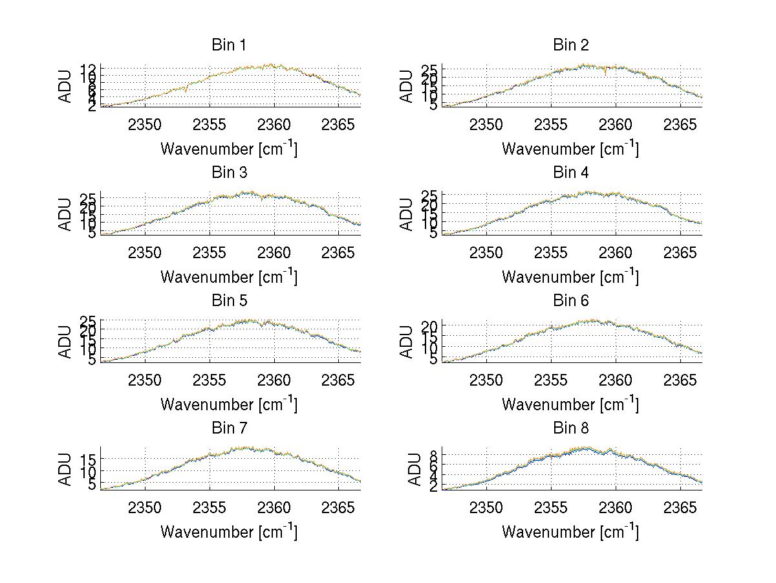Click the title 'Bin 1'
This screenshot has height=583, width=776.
coord(229,45)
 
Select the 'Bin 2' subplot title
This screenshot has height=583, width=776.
coord(570,45)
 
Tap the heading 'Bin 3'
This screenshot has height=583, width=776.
coord(229,173)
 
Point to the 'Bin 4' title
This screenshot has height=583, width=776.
coord(570,173)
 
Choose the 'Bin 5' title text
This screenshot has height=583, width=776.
coord(229,301)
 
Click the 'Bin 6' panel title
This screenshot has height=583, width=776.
coord(570,301)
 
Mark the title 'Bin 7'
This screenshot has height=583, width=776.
coord(229,428)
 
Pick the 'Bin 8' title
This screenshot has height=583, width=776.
coord(570,428)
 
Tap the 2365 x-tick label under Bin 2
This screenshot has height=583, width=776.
coord(680,124)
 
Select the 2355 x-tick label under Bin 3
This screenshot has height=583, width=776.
coord(210,252)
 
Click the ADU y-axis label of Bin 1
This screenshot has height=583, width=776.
coord(65,86)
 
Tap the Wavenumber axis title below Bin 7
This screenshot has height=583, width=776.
coord(229,532)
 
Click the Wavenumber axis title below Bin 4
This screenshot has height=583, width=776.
coord(570,276)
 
